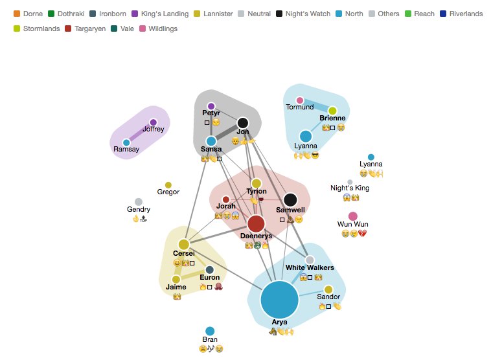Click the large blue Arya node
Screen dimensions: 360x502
[279, 300]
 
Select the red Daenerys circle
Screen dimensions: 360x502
[257, 224]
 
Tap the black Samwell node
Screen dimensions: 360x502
[290, 200]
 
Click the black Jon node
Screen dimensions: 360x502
[243, 123]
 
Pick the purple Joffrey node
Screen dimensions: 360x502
[154, 122]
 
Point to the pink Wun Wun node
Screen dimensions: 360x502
[353, 216]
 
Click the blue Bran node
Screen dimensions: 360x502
[210, 332]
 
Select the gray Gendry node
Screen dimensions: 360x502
[139, 202]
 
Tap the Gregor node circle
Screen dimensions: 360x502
[168, 185]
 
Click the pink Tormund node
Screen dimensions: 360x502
[300, 100]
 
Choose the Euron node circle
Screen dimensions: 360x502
[210, 269]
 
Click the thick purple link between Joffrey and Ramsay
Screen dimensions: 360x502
[140, 133]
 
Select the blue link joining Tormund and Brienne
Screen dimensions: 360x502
[316, 106]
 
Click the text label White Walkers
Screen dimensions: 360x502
[310, 267]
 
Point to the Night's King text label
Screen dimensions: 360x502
[350, 188]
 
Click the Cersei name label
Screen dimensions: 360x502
[183, 253]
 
